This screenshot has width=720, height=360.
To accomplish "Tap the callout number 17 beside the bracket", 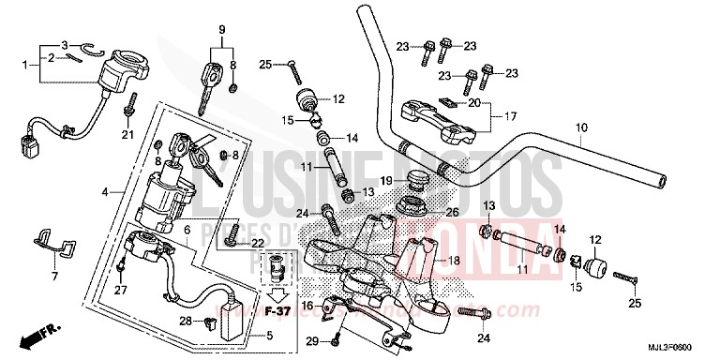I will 511,117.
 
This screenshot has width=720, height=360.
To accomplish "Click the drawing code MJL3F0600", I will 681,348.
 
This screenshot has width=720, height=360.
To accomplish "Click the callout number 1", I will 25,64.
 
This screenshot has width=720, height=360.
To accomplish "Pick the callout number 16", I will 307,306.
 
